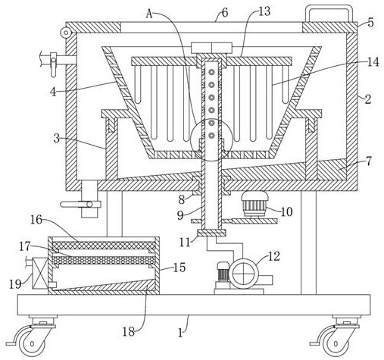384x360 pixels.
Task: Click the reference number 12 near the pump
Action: [273, 256]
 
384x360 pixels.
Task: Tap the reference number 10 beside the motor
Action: [286, 212]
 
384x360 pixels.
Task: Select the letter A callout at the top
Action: [149, 14]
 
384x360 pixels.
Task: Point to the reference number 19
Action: [15, 284]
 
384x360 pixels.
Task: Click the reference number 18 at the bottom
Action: [129, 332]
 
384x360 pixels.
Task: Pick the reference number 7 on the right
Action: [369, 161]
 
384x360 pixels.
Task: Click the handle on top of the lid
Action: [329, 8]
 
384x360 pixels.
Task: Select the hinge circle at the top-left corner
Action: [66, 33]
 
